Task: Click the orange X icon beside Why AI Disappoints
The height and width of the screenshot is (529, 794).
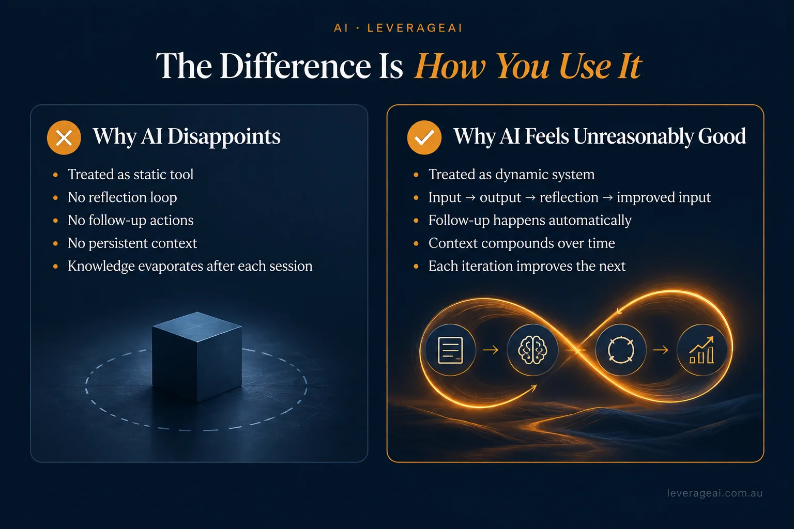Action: (64, 137)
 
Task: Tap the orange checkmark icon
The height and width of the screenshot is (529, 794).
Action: (424, 137)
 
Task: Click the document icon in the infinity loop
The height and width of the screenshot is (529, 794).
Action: (451, 350)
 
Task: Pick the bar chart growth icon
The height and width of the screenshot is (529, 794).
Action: (702, 350)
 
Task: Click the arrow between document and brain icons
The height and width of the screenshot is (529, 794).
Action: (491, 350)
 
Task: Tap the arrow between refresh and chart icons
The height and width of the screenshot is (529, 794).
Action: (661, 350)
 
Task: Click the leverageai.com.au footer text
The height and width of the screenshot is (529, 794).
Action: (714, 493)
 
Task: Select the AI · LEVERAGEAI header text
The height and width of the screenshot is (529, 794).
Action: (398, 28)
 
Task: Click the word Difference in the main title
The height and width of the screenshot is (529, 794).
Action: (295, 66)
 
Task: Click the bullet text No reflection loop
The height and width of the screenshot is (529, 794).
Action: (123, 197)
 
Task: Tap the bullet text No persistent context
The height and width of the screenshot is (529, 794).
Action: (132, 243)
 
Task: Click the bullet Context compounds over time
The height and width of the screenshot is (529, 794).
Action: (522, 243)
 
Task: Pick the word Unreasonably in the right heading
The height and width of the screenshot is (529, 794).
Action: (633, 136)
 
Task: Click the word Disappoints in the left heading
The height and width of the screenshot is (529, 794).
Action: (224, 136)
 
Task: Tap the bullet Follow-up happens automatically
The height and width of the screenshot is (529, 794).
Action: (530, 221)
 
